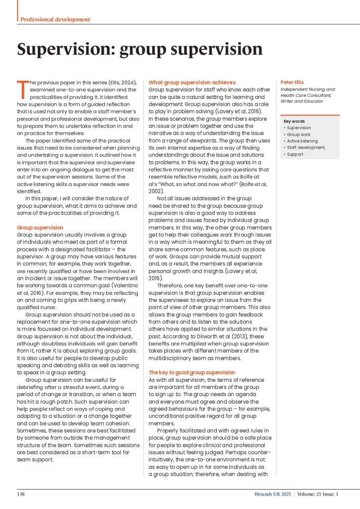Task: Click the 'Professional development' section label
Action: pyautogui.click(x=55, y=19)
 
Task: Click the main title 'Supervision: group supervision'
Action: pyautogui.click(x=140, y=49)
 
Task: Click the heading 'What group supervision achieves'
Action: pyautogui.click(x=192, y=82)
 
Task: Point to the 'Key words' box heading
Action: pyautogui.click(x=294, y=121)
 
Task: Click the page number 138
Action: pyautogui.click(x=21, y=494)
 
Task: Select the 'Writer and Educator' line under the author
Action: pyautogui.click(x=302, y=101)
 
